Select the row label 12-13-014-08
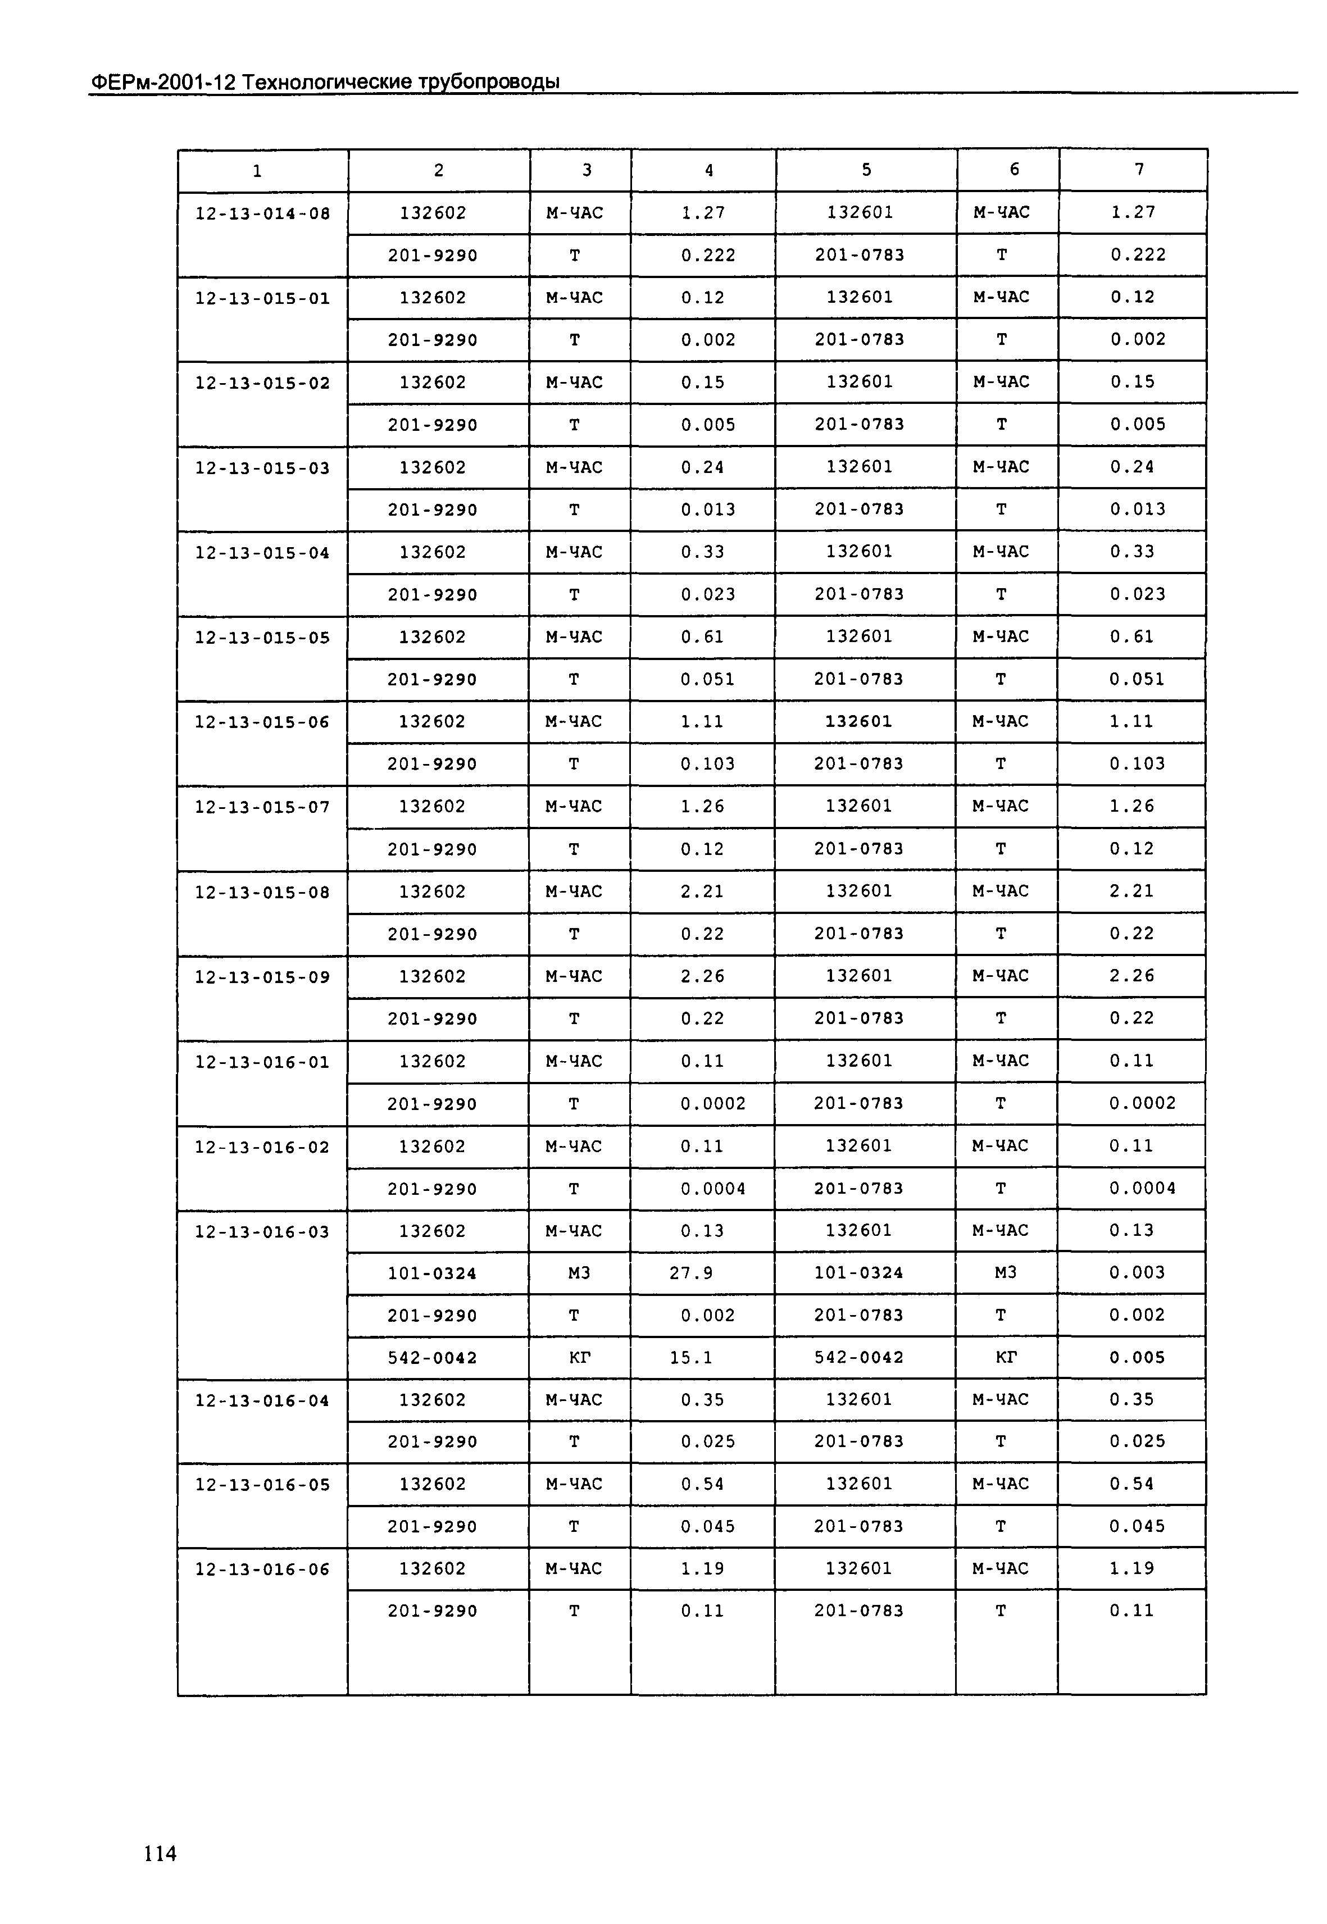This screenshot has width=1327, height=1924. pyautogui.click(x=263, y=213)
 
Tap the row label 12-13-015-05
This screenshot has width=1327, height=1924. pyautogui.click(x=263, y=638)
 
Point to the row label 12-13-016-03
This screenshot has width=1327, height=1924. pyautogui.click(x=263, y=1231)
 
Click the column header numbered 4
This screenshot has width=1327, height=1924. pyautogui.click(x=708, y=170)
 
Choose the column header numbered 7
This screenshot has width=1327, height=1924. pyautogui.click(x=1139, y=170)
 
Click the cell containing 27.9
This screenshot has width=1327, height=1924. pyautogui.click(x=691, y=1273)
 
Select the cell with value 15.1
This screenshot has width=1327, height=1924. pyautogui.click(x=691, y=1358)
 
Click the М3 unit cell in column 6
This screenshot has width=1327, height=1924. pyautogui.click(x=1005, y=1272)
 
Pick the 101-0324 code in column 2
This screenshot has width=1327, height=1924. pyautogui.click(x=433, y=1273)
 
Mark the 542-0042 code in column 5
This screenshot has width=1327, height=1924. pyautogui.click(x=859, y=1357)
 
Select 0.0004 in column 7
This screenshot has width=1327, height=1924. pyautogui.click(x=1142, y=1188)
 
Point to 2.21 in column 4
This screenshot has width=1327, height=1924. pyautogui.click(x=703, y=892)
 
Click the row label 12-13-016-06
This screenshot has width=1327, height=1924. pyautogui.click(x=263, y=1569)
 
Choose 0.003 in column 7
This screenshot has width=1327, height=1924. pyautogui.click(x=1137, y=1272)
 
